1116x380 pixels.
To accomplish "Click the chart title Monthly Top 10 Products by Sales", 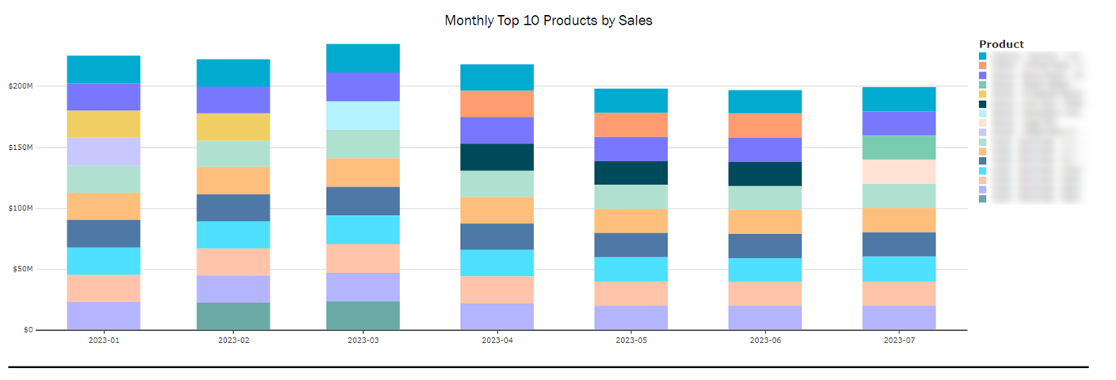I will click(x=548, y=21).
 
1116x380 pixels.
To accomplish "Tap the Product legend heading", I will click(x=1001, y=44).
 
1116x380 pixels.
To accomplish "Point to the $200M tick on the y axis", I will click(x=20, y=86).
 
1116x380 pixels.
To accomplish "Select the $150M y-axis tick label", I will click(x=20, y=148).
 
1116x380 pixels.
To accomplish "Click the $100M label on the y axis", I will click(x=20, y=209).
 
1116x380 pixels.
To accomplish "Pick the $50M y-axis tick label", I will click(x=22, y=270).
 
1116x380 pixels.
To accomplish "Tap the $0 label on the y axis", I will click(x=28, y=330).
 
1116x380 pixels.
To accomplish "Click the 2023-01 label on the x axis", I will click(x=104, y=341).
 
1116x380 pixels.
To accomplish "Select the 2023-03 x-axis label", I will click(x=363, y=341).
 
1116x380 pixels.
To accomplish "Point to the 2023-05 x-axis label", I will click(x=631, y=341).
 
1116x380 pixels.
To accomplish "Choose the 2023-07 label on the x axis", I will click(x=899, y=341).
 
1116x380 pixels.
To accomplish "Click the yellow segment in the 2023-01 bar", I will click(x=104, y=124).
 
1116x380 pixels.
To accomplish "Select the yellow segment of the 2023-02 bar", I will click(x=233, y=127).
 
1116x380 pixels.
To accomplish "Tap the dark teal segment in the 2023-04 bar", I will click(x=497, y=157).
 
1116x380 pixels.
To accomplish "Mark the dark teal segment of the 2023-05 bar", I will click(x=631, y=173).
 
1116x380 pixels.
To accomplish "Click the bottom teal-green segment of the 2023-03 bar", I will click(x=363, y=316).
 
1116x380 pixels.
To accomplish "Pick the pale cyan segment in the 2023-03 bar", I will click(x=363, y=116).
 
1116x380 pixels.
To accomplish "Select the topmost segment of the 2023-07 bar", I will click(x=899, y=99).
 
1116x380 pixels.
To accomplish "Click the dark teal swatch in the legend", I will click(x=983, y=104).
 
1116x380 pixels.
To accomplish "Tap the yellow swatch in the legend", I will click(x=983, y=94).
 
